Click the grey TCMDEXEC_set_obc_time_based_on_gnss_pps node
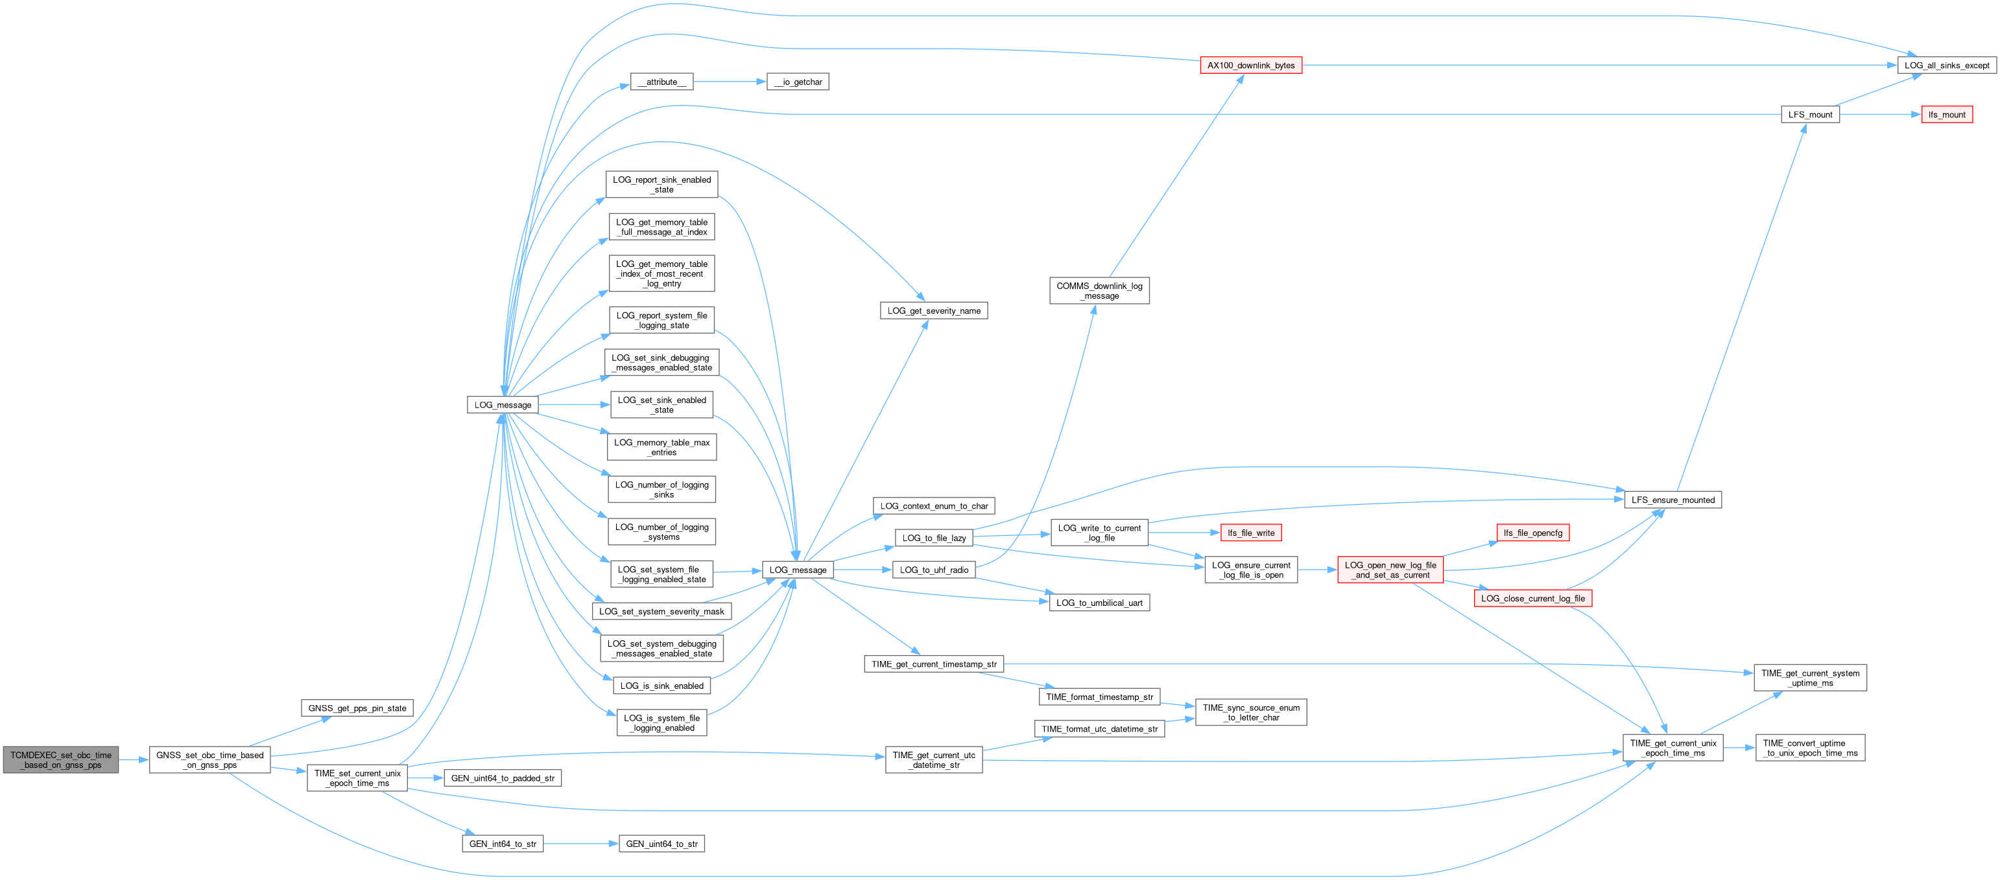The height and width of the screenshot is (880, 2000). pyautogui.click(x=60, y=759)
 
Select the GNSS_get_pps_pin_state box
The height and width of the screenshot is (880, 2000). pyautogui.click(x=357, y=708)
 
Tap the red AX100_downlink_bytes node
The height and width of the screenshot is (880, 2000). pyautogui.click(x=1251, y=65)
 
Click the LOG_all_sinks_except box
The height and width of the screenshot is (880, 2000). pyautogui.click(x=1946, y=65)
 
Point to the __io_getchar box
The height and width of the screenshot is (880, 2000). pyautogui.click(x=798, y=82)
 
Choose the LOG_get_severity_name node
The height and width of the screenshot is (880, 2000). pyautogui.click(x=933, y=310)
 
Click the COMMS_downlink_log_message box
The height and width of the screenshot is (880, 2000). pyautogui.click(x=1099, y=291)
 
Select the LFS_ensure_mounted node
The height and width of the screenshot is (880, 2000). pyautogui.click(x=1673, y=500)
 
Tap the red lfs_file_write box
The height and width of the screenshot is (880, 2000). pyautogui.click(x=1251, y=533)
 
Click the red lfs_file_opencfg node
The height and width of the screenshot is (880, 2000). pyautogui.click(x=1532, y=533)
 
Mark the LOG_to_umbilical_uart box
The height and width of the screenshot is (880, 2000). pyautogui.click(x=1099, y=603)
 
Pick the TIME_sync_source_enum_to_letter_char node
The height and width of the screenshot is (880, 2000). pyautogui.click(x=1250, y=712)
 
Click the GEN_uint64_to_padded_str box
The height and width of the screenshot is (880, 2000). pyautogui.click(x=503, y=778)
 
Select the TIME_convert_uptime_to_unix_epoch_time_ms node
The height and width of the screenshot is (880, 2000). pyautogui.click(x=1810, y=748)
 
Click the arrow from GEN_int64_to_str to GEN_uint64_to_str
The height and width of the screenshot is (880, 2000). pyautogui.click(x=581, y=844)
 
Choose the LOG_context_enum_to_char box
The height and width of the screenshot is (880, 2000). pyautogui.click(x=933, y=506)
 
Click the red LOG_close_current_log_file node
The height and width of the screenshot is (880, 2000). pyautogui.click(x=1532, y=598)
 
